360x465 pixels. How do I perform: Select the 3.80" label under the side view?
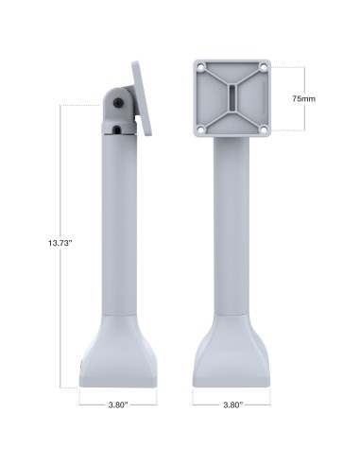pyautogui.click(x=117, y=404)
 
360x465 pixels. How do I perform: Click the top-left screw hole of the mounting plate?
pyautogui.click(x=201, y=68)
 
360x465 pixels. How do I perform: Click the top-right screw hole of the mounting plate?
pyautogui.click(x=264, y=68)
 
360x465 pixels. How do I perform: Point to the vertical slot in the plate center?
pyautogui.click(x=232, y=98)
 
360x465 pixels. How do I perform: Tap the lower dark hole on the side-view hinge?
pyautogui.click(x=115, y=130)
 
